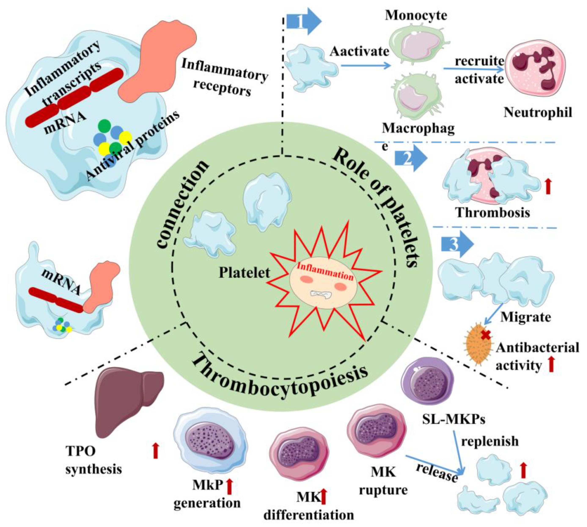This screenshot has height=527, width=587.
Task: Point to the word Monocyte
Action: click(x=416, y=15)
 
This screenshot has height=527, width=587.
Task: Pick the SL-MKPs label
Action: click(x=454, y=419)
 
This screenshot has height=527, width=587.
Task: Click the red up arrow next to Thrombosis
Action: click(x=548, y=187)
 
